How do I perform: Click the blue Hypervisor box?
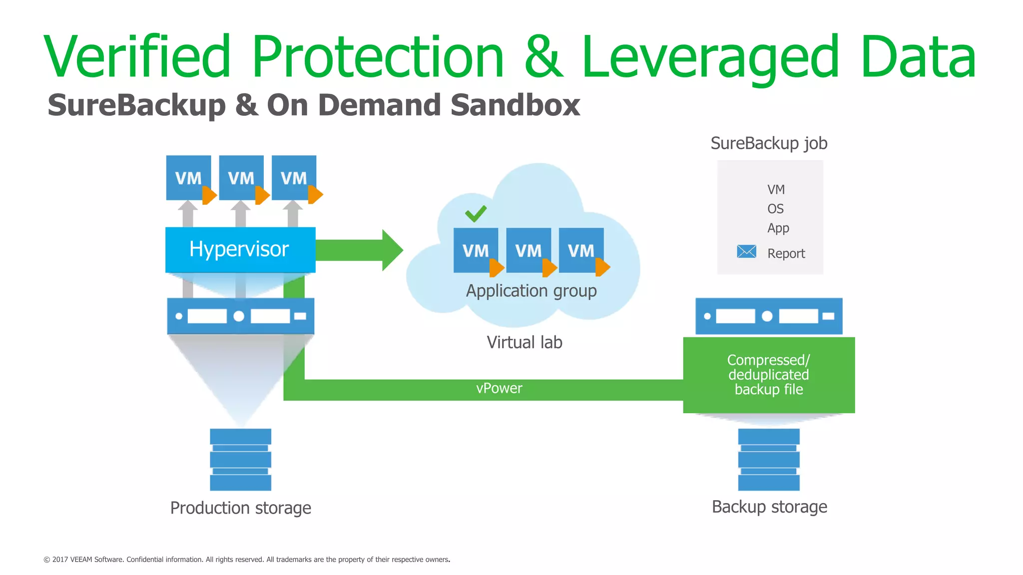[x=240, y=250]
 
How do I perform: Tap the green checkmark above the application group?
[x=476, y=214]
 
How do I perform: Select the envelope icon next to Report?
[x=746, y=252]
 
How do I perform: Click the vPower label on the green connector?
[x=499, y=388]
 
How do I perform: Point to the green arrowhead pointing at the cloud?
[x=392, y=250]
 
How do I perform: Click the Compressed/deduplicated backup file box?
[x=769, y=375]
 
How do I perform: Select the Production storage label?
[x=241, y=508]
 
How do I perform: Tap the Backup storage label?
[x=769, y=507]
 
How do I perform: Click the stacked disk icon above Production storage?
[x=240, y=459]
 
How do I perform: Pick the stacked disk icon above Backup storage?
[x=769, y=459]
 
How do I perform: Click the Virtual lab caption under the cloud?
[x=524, y=342]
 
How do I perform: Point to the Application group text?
[x=531, y=290]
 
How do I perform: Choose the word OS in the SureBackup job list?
[x=775, y=209]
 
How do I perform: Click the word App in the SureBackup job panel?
[x=778, y=228]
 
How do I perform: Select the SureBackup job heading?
[x=769, y=143]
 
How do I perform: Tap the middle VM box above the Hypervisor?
[x=241, y=178]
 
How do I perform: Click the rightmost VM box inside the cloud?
[x=581, y=250]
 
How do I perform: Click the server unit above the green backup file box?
[x=769, y=316]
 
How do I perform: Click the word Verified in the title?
[x=138, y=56]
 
